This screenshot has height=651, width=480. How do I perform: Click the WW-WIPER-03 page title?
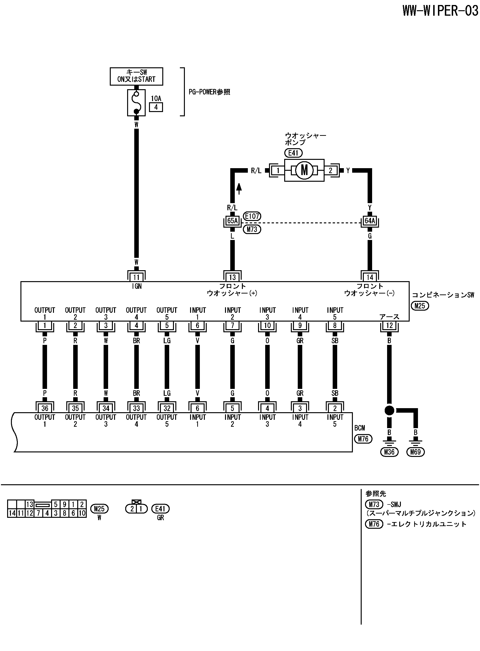coord(440,11)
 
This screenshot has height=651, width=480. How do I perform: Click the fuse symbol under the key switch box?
coord(136,103)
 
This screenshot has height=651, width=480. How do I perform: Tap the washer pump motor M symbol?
coord(304,170)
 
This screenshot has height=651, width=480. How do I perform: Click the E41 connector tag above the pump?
coord(293,153)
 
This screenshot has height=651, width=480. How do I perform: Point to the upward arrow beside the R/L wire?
coord(239,188)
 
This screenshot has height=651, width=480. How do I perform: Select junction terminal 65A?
coord(232,221)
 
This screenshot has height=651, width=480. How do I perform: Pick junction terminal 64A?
coord(370,221)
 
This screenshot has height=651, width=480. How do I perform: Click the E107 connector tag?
coord(252,216)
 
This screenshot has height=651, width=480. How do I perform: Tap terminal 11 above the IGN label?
coord(136,277)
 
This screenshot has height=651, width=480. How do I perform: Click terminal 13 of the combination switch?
coord(232,277)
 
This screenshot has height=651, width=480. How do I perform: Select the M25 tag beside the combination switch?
coord(420,306)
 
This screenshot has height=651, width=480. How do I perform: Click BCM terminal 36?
coord(45,408)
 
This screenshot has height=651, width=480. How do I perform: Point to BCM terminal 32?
coord(167,408)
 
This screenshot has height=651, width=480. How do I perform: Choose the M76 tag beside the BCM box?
coord(363,439)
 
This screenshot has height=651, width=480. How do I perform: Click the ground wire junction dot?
coord(389,411)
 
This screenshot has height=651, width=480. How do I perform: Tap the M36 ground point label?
coord(389,452)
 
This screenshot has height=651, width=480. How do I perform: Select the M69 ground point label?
coord(416,452)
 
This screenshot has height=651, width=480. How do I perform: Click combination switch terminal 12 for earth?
coord(389,326)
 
